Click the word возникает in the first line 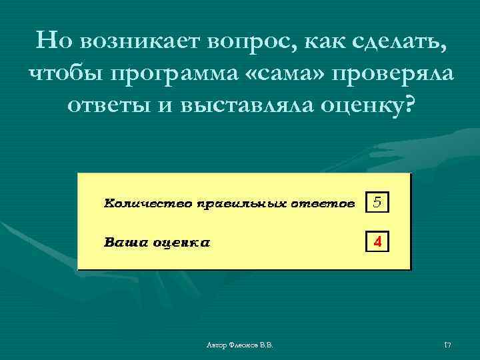141,43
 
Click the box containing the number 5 377,202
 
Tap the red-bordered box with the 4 377,242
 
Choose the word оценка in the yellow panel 181,242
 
